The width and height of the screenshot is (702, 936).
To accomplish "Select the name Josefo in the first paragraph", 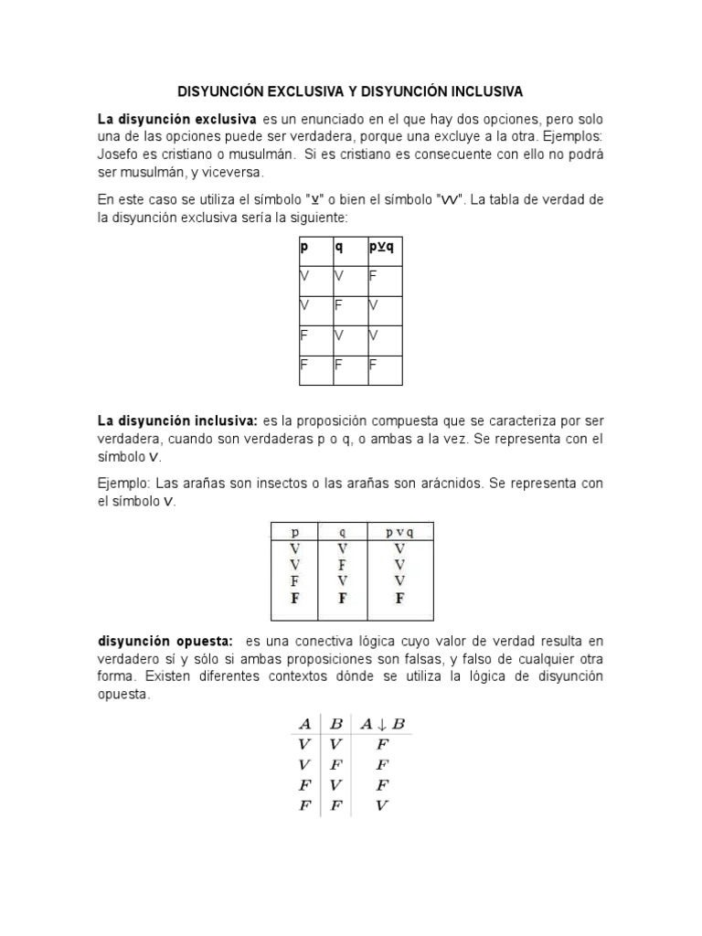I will [x=119, y=154].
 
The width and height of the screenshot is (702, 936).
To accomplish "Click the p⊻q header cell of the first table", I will [x=384, y=248].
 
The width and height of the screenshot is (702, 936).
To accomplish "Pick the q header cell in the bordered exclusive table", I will [x=339, y=248].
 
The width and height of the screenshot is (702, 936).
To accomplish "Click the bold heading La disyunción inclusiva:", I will [x=178, y=420].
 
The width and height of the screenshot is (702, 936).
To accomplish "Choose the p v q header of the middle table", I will [x=399, y=531].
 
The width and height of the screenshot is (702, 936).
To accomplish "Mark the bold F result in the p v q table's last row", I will [x=399, y=599].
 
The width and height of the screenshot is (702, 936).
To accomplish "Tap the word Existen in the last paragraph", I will [x=159, y=676].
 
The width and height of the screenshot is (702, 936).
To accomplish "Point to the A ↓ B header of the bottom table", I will [x=383, y=724].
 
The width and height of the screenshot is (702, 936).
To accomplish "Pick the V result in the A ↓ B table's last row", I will [x=383, y=805].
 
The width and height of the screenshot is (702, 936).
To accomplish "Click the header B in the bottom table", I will [x=335, y=724].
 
